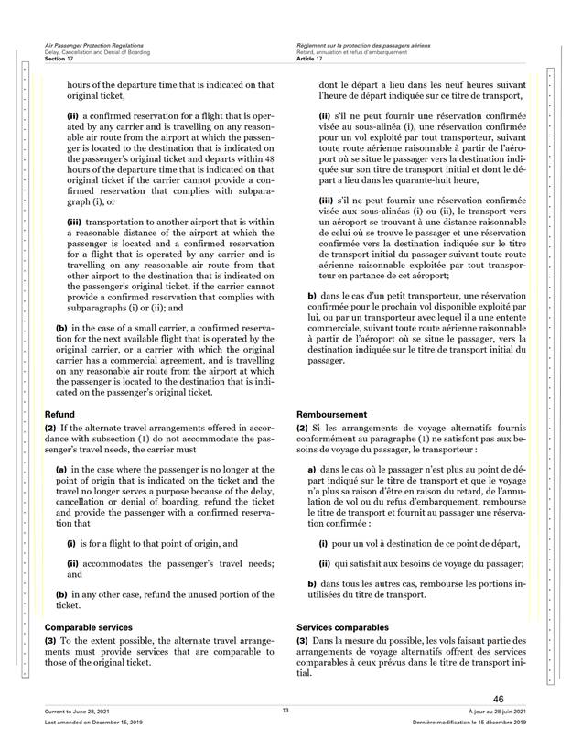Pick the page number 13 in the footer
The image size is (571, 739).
(285, 711)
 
